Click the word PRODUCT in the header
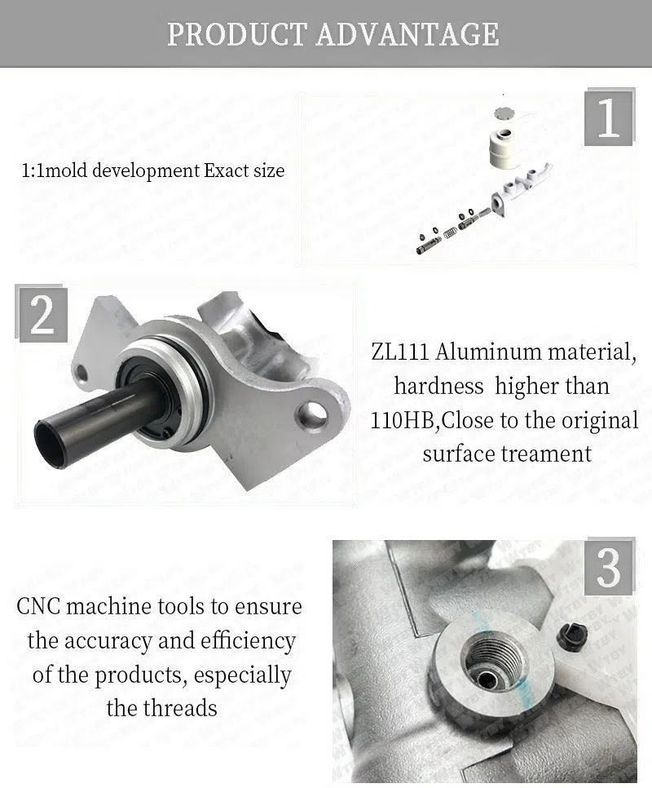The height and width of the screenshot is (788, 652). coord(236,33)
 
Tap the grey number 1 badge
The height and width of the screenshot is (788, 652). coord(609,118)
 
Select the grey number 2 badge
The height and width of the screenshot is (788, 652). coord(42,313)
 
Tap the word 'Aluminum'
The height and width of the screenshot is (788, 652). coord(488,352)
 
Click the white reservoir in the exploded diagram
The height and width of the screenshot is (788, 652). coord(506,146)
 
